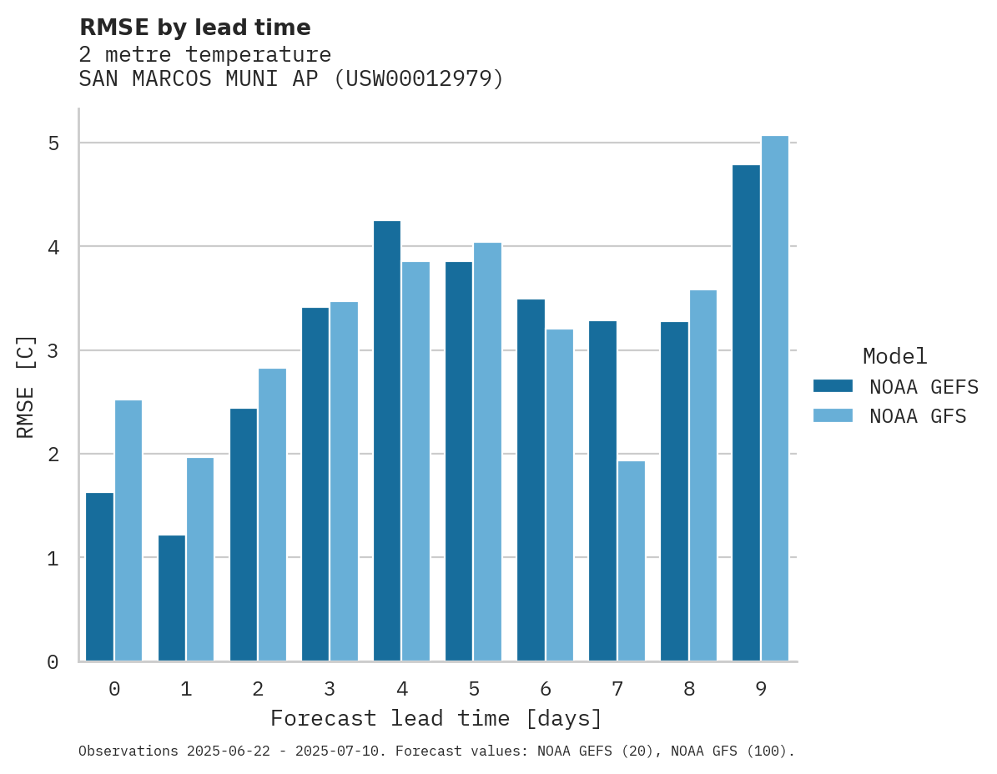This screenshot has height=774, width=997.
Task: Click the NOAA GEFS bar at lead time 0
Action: (99, 577)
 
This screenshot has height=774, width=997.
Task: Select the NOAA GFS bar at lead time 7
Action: (632, 561)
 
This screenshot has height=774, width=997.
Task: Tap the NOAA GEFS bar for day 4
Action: (387, 441)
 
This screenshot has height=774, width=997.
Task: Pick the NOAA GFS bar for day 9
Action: (775, 399)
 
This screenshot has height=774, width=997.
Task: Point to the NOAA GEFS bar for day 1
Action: (172, 598)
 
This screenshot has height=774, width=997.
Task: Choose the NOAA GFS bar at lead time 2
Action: (272, 515)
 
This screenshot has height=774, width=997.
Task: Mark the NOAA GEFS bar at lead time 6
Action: (531, 480)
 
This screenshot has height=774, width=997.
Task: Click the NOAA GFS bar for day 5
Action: (487, 452)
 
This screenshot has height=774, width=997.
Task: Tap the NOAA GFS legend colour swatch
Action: (833, 415)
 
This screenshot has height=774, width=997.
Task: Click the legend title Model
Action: (894, 356)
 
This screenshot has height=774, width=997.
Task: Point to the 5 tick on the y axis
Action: (53, 143)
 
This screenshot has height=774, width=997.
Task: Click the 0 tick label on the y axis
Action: (53, 662)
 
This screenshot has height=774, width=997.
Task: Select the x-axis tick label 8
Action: (689, 689)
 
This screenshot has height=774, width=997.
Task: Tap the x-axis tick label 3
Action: (330, 689)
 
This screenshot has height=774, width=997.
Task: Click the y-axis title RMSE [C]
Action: (26, 386)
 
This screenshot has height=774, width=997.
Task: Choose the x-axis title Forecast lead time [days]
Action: (436, 718)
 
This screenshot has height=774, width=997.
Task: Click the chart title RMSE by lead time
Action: (194, 28)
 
